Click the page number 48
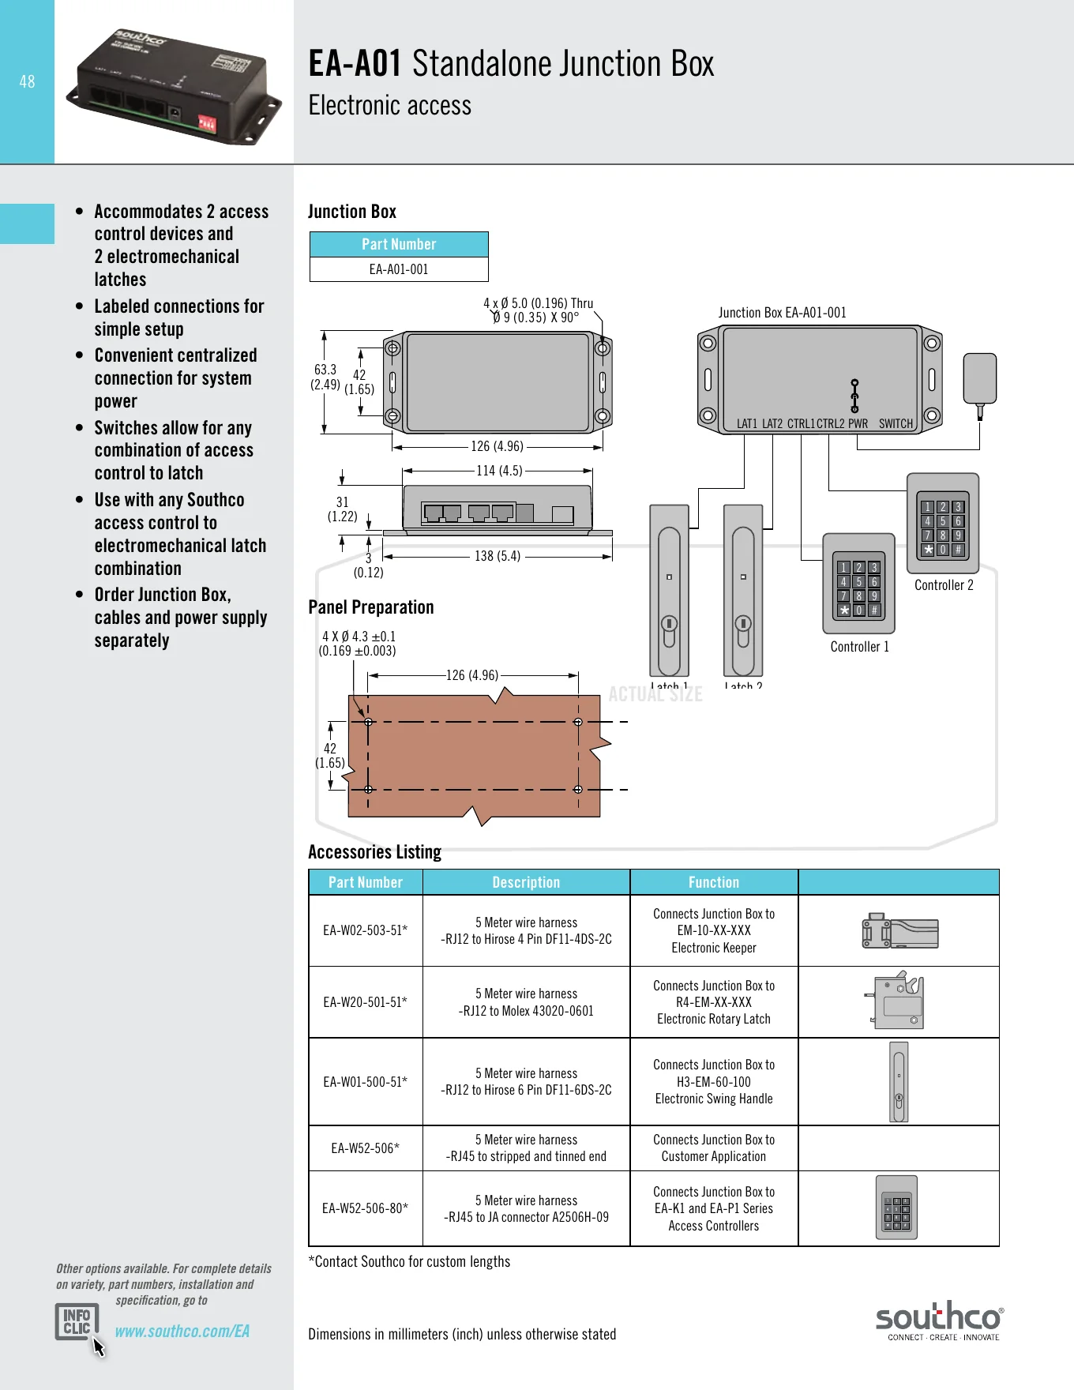click(27, 81)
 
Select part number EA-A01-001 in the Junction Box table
click(399, 269)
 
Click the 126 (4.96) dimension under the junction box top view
click(497, 446)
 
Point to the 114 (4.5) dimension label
click(499, 471)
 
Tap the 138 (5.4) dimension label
click(498, 556)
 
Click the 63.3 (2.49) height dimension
click(325, 377)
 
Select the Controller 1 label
click(859, 647)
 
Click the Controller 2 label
click(944, 585)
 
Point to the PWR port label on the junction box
click(858, 424)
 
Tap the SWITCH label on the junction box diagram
click(896, 424)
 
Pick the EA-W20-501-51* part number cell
click(366, 1002)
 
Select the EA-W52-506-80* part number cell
click(366, 1208)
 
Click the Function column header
click(714, 882)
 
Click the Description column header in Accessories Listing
click(526, 882)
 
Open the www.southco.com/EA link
click(182, 1332)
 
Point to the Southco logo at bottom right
click(939, 1320)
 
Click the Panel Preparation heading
click(371, 607)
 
